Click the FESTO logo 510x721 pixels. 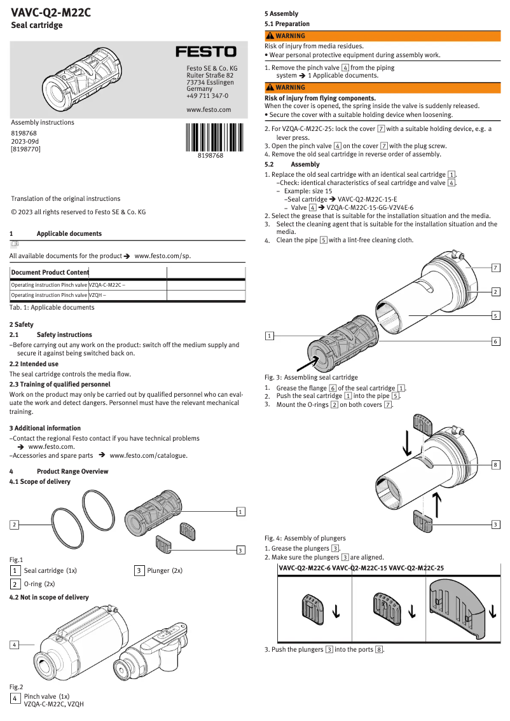pos(206,52)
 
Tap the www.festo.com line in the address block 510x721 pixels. pos(209,109)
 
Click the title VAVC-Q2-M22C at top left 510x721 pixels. pos(50,11)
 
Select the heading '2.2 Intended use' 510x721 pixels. pos(34,364)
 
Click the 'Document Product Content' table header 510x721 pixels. pos(50,272)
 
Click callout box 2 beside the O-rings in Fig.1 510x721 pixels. pos(14,525)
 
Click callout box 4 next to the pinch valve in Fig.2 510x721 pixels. pos(14,645)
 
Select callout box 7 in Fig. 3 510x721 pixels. pos(495,268)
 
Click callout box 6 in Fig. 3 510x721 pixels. pos(495,341)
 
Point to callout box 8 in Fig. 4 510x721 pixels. pos(495,465)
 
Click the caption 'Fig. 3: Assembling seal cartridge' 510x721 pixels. pos(311,377)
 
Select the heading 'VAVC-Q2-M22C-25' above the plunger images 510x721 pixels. pos(416,568)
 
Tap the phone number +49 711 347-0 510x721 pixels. pos(207,96)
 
